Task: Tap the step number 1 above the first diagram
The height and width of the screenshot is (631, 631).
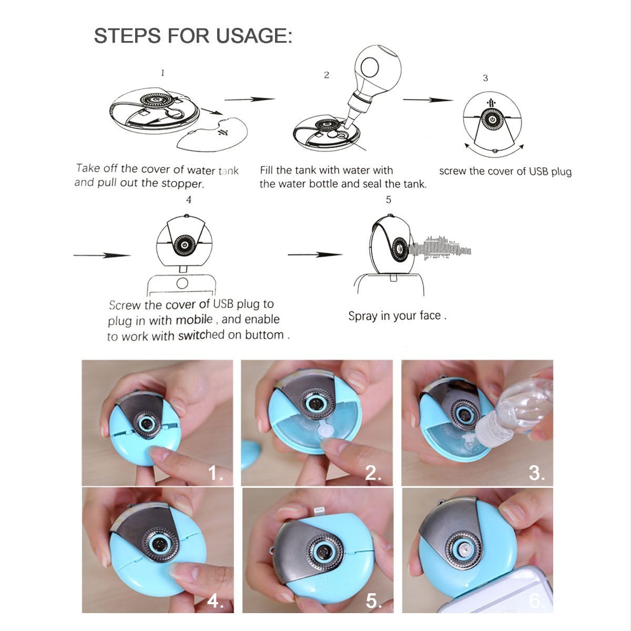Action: click(162, 73)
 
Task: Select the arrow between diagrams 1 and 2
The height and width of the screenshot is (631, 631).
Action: click(249, 99)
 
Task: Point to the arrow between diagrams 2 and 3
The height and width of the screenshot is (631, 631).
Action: click(428, 99)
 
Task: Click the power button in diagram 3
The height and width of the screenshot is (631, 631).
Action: click(491, 119)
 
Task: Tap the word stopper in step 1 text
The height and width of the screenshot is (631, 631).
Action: click(182, 184)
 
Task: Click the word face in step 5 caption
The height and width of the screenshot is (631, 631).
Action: click(430, 315)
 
